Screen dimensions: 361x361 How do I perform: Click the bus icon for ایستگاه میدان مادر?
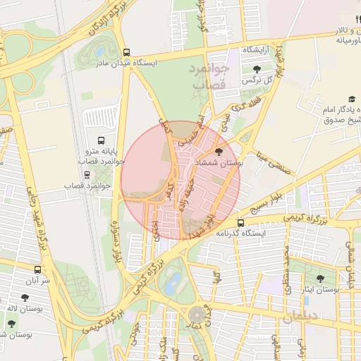point(126,52)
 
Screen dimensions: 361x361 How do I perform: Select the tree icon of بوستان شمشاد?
point(217,152)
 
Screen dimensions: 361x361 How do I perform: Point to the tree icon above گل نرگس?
point(255,69)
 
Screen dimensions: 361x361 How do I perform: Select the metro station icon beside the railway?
point(87,174)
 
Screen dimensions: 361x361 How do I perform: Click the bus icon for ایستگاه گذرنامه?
point(241,223)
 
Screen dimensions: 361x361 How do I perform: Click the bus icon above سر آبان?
point(37,269)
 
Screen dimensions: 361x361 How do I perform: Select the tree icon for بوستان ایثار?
point(322,279)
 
